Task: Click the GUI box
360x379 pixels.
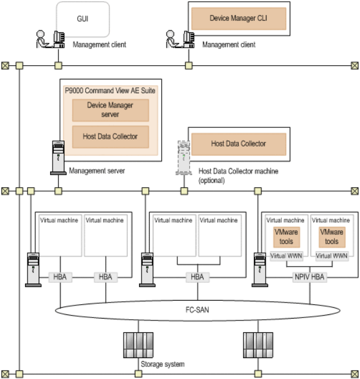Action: (83, 19)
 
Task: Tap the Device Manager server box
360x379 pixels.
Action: (110, 110)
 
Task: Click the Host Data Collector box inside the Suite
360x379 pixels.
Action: (110, 136)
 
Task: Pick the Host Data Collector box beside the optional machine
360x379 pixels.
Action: (238, 143)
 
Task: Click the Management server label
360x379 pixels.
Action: (96, 171)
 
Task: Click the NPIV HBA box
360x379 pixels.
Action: (309, 277)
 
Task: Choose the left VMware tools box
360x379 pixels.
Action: (286, 236)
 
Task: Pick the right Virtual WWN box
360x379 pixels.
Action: (331, 256)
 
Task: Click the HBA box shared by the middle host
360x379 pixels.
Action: (195, 277)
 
